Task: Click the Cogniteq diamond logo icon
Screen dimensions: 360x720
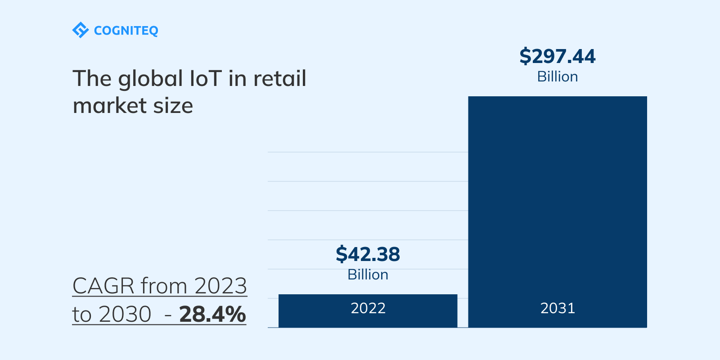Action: tap(81, 30)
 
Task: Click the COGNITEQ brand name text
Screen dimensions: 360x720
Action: tap(126, 31)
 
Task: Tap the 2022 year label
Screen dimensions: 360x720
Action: tap(368, 308)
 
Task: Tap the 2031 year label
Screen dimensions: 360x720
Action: tap(558, 308)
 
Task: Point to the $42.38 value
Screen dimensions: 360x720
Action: tap(368, 254)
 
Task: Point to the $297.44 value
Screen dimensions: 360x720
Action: tap(557, 56)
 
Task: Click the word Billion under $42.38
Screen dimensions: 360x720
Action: tap(368, 274)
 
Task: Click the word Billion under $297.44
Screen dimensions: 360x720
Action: tap(557, 76)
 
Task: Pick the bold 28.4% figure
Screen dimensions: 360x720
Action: tap(212, 314)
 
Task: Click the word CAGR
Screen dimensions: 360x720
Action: tap(103, 286)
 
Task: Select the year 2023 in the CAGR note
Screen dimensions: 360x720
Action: tap(220, 286)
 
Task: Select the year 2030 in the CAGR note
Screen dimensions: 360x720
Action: tap(125, 314)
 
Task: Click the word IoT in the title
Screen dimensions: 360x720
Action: tap(206, 78)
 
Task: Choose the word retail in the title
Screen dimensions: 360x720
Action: tap(280, 78)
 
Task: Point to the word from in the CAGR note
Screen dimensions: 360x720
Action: tap(164, 286)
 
